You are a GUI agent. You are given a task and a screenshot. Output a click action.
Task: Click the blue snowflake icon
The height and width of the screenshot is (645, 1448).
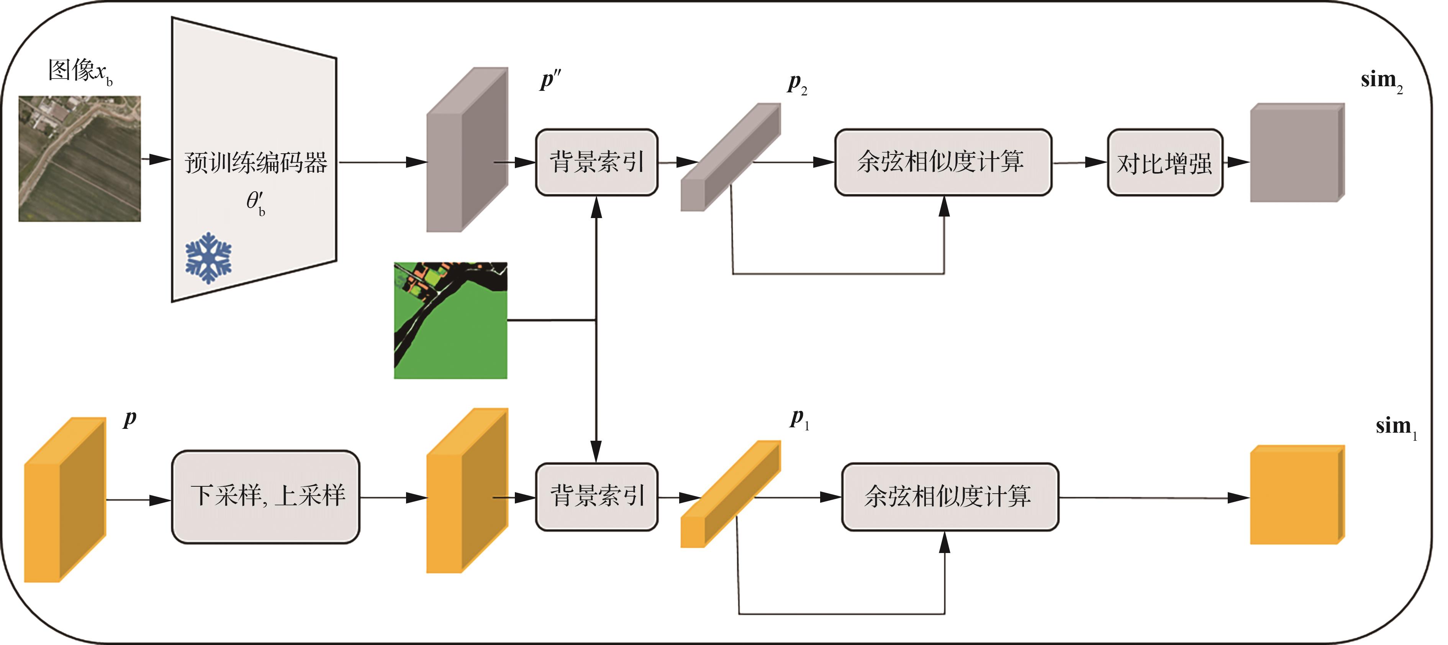point(208,258)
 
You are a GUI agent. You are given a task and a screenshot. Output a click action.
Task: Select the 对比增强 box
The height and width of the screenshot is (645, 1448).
point(1164,162)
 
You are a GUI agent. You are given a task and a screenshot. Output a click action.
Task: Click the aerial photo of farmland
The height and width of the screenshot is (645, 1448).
point(80,159)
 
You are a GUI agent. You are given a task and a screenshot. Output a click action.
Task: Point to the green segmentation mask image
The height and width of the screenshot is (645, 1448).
point(450,320)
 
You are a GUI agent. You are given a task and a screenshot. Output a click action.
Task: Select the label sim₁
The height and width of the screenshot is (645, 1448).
point(1395,427)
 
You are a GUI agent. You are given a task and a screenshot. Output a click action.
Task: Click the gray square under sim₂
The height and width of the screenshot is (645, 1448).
point(1296,153)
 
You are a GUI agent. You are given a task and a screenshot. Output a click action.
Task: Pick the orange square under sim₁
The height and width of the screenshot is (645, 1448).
point(1296,495)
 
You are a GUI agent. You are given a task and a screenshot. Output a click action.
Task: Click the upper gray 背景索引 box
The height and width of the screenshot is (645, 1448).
point(596,162)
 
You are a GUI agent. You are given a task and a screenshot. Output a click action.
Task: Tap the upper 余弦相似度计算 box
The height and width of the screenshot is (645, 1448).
point(943,162)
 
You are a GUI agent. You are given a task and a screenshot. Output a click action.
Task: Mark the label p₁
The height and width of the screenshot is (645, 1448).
point(799,419)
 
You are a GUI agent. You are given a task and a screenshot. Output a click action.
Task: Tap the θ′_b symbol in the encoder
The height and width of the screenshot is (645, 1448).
point(255,202)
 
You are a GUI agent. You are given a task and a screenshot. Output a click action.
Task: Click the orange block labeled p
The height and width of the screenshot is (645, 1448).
point(65,499)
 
